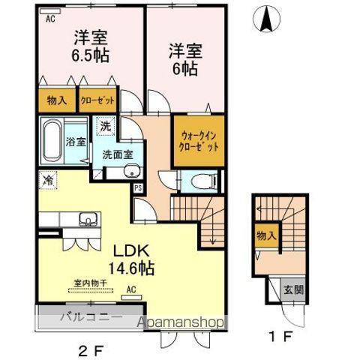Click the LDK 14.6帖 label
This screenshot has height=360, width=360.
(133, 259)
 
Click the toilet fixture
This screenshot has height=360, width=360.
(202, 179)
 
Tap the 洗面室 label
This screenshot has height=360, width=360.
(116, 156)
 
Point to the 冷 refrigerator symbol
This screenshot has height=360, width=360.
(46, 180)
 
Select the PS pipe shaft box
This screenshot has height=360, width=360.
(137, 188)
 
